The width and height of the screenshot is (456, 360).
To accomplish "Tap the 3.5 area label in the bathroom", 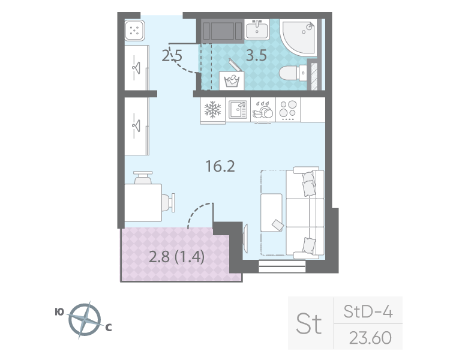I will click(257, 57).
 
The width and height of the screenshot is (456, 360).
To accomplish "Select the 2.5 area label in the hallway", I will click(172, 57).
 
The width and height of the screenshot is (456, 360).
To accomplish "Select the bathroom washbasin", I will click(260, 29).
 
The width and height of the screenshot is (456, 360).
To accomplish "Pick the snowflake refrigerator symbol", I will click(213, 110).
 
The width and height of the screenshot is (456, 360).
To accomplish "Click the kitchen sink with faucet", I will click(238, 109).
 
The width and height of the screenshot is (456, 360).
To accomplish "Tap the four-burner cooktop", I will click(288, 110).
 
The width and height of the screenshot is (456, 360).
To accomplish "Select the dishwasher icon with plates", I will click(263, 109).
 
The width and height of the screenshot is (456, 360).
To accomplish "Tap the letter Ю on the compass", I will click(59, 311).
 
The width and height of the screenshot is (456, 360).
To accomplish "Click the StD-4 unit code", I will click(368, 312).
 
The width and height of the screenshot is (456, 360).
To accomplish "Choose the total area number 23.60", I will click(370, 338).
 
